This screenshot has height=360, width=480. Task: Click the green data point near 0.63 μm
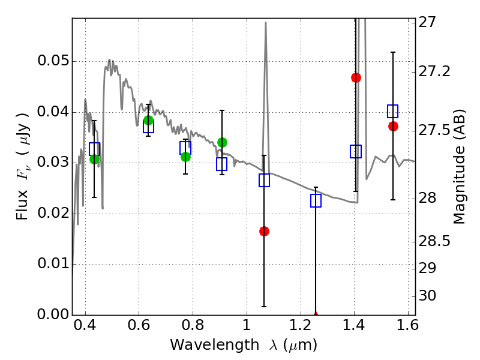(x=148, y=120)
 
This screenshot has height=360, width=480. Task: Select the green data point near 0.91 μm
(x=222, y=142)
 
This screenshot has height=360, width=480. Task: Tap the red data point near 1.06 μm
(x=264, y=231)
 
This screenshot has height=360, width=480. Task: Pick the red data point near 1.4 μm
(x=356, y=77)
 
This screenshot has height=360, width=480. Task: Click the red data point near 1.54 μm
(x=393, y=126)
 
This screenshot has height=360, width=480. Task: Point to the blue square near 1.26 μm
(x=316, y=200)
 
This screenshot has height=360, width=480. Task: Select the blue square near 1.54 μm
(x=393, y=111)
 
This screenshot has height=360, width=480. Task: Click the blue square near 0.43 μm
(x=94, y=149)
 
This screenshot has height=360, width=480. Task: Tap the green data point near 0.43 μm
(x=94, y=159)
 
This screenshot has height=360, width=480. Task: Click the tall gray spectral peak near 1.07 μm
(x=266, y=24)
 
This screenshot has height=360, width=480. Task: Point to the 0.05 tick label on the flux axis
(x=52, y=62)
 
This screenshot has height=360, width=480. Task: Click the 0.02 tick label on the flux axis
(x=52, y=214)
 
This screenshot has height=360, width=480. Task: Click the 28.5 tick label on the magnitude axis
(x=437, y=241)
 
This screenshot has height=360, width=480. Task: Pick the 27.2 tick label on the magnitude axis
(x=437, y=71)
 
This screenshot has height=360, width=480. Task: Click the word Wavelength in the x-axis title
(x=204, y=345)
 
